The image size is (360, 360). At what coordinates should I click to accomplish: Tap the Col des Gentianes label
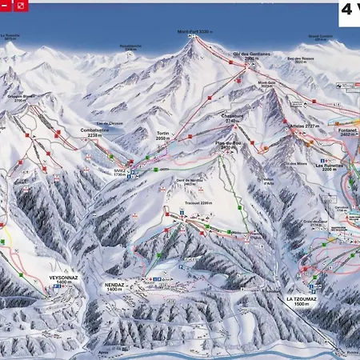pyautogui.click(x=248, y=57)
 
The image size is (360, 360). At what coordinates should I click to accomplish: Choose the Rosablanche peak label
pyautogui.click(x=130, y=46)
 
